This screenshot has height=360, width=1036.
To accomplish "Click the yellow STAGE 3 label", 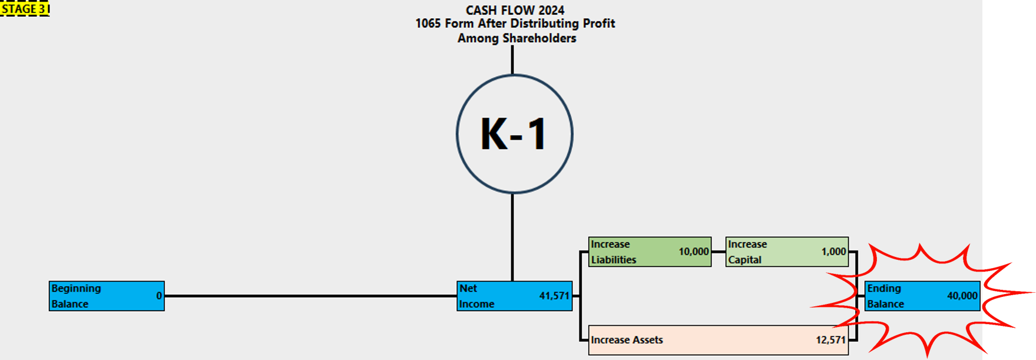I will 25,9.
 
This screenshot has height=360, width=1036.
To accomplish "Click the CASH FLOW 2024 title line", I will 515,10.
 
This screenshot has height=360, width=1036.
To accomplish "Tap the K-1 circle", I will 514,134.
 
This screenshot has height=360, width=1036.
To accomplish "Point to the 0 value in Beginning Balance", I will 159,296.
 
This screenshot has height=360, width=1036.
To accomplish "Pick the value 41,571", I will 554,296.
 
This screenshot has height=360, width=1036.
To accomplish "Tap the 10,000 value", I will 693,252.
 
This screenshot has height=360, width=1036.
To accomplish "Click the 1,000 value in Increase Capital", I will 833,252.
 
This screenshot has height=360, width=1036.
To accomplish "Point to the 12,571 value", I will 830,340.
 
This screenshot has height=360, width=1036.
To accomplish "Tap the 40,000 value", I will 962,296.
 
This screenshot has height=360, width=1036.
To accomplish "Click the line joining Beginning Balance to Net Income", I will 310,296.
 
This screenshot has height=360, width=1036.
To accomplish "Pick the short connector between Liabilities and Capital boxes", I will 719,252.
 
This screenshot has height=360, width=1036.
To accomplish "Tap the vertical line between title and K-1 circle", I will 512,60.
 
